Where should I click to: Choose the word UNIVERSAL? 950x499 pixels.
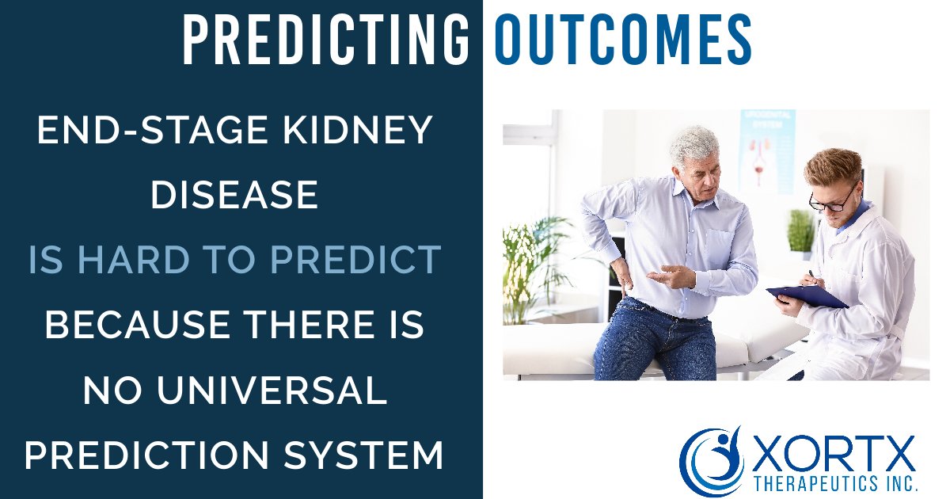pos(274,390)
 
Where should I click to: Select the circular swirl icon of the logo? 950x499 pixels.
pos(712,459)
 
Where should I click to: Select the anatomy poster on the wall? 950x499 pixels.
pos(766,150)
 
